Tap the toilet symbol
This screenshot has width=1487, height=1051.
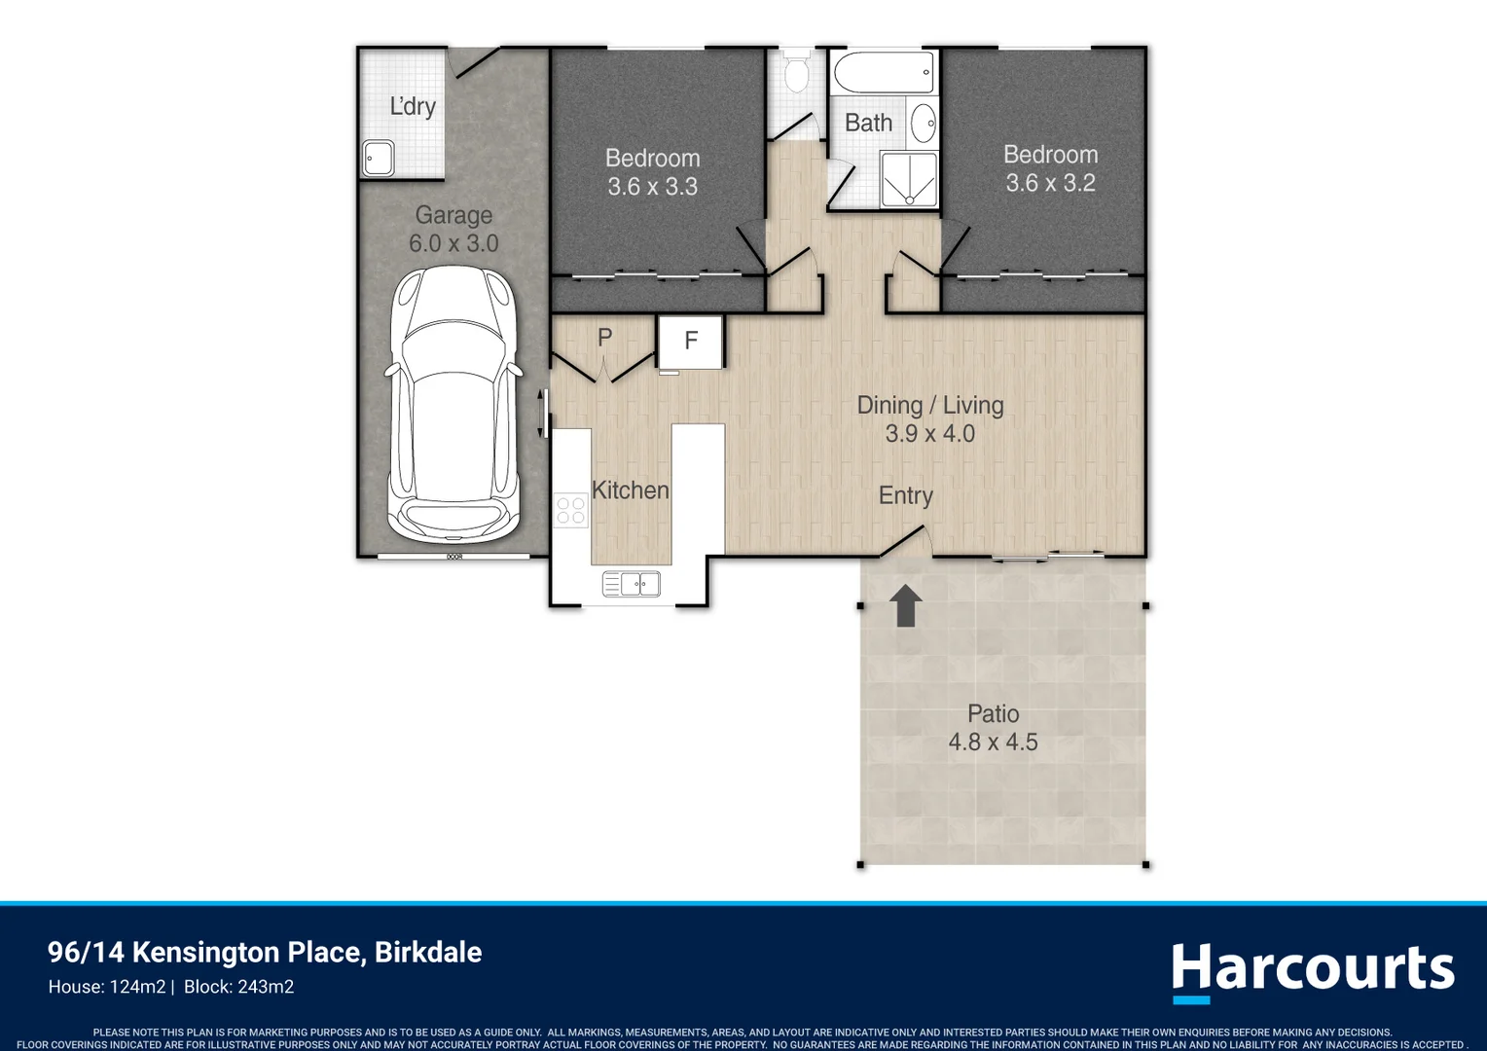(x=795, y=72)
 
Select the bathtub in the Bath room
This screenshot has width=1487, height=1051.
(x=884, y=72)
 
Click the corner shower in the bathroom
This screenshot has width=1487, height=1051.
(x=909, y=179)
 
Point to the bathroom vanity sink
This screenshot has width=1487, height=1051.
(x=923, y=123)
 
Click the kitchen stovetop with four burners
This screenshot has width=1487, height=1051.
(x=571, y=510)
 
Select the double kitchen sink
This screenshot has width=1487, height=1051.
(x=632, y=584)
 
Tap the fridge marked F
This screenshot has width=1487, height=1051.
(x=690, y=342)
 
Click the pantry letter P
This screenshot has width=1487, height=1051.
(x=604, y=338)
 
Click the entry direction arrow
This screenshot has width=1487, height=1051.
(x=905, y=605)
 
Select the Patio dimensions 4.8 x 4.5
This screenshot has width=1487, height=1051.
(x=993, y=742)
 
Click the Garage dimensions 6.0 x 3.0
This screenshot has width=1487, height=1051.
(x=453, y=243)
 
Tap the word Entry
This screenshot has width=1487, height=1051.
(x=905, y=496)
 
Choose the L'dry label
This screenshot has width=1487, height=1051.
(x=413, y=106)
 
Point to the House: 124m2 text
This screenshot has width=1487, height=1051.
(x=107, y=987)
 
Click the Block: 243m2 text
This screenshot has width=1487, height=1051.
(x=239, y=987)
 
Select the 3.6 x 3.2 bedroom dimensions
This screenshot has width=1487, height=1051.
(x=1050, y=183)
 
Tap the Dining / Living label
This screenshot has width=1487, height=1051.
(x=930, y=406)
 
